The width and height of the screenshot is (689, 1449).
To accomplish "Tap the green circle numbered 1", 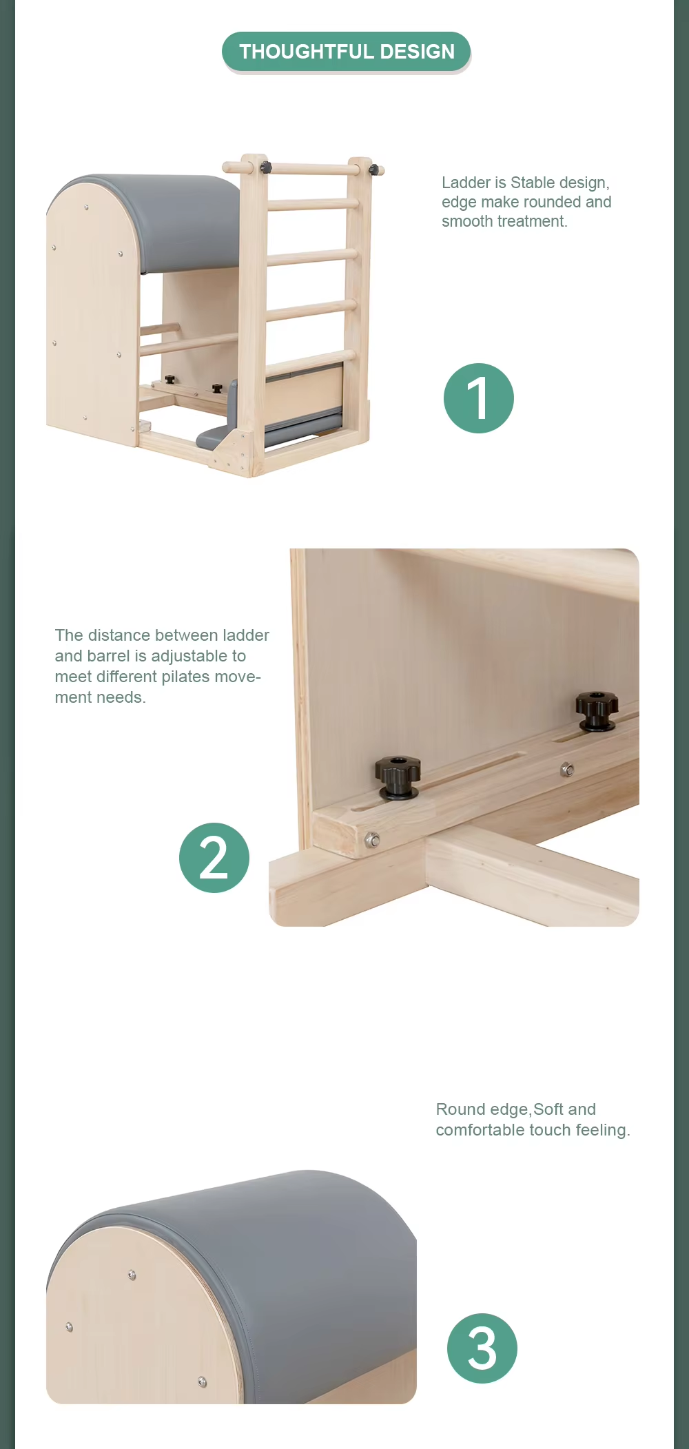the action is click(479, 398).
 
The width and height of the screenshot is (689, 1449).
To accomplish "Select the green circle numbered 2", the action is click(214, 858).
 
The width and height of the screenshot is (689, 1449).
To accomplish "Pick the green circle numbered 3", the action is click(482, 1348).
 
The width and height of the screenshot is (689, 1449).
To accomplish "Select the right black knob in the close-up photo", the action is click(597, 711).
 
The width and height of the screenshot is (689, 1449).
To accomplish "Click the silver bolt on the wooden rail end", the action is click(372, 840).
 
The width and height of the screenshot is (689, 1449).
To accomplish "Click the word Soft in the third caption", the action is click(548, 1109).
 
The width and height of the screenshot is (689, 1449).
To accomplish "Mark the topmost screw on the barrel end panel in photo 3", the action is click(132, 1275).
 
